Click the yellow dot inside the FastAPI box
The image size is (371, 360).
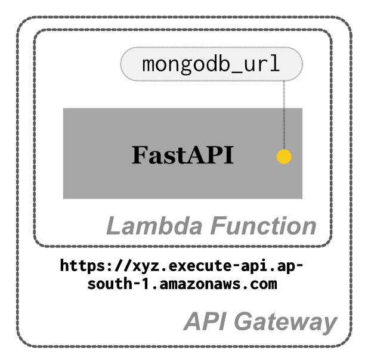(x=284, y=157)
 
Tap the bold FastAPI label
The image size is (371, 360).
(x=183, y=155)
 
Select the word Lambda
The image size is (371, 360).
(x=146, y=226)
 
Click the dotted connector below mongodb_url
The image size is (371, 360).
(x=284, y=113)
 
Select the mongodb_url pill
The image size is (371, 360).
(x=211, y=64)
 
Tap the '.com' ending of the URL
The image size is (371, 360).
(x=263, y=284)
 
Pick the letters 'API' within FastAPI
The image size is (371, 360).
(x=210, y=155)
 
